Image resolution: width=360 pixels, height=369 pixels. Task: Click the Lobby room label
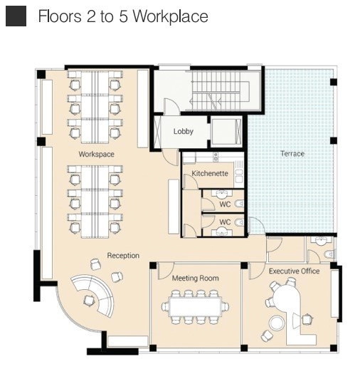tap(184, 131)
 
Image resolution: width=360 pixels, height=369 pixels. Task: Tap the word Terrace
tap(292, 154)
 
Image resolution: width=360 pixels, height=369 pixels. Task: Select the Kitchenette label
tap(210, 173)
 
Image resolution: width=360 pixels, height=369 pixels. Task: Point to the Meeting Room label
tap(196, 278)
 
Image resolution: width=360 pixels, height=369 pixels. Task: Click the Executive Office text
tap(294, 271)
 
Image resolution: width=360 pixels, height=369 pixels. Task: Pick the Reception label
tap(123, 256)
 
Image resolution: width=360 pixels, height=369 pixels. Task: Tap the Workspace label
tap(96, 154)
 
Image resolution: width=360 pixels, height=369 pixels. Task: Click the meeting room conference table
tap(196, 306)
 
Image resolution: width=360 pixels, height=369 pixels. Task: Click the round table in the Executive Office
tap(277, 323)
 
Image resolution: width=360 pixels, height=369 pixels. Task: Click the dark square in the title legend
tap(16, 16)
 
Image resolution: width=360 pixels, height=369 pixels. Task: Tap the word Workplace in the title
tap(170, 16)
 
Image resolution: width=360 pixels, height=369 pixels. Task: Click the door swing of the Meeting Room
tap(165, 271)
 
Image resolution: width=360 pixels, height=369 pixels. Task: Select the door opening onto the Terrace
tap(257, 225)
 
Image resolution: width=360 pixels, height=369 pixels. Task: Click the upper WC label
tap(225, 204)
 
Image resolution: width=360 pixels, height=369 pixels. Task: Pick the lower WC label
tap(225, 222)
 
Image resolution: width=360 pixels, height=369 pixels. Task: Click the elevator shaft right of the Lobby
tap(226, 131)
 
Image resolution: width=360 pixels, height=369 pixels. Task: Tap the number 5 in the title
tap(123, 16)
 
